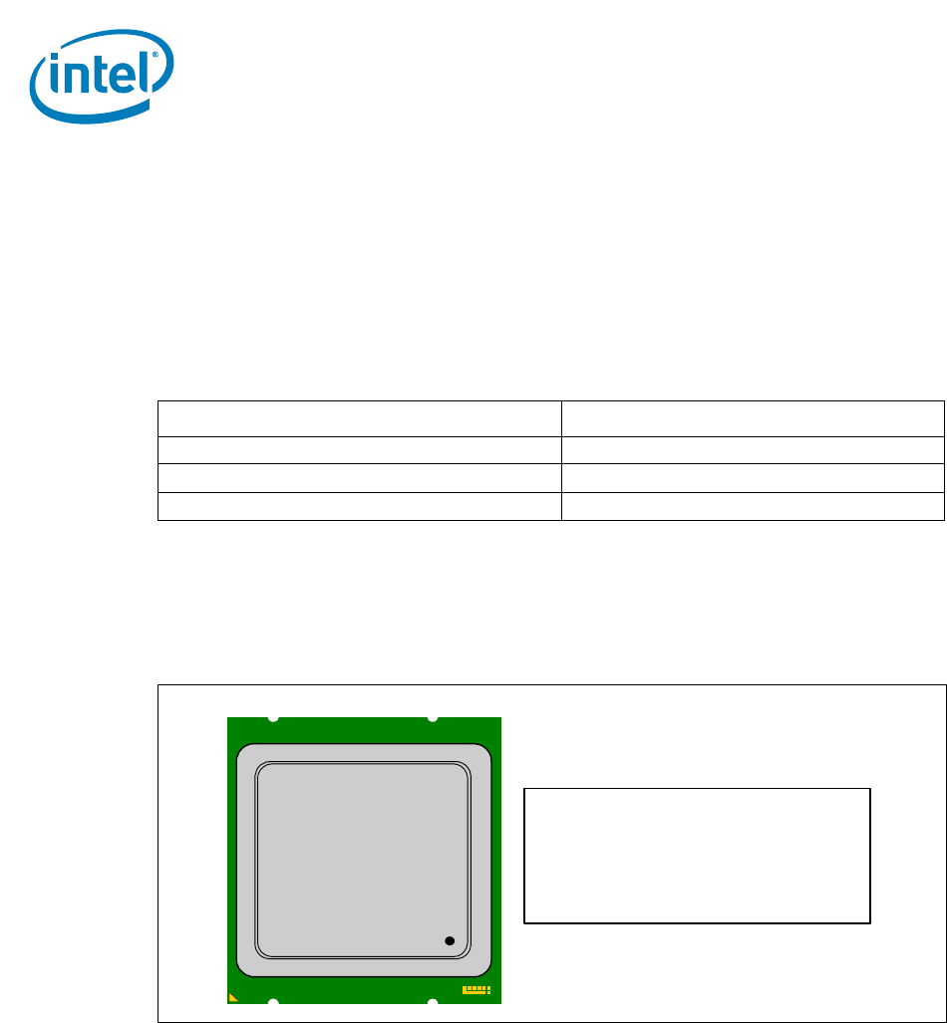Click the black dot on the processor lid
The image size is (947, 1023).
(x=450, y=940)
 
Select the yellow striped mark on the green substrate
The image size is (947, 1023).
(x=476, y=990)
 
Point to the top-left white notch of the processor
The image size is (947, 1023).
(x=274, y=718)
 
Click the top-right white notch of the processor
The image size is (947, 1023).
(x=432, y=718)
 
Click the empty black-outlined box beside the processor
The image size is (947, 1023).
(x=698, y=856)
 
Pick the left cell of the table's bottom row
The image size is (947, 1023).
(x=359, y=506)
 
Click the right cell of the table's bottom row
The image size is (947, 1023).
(x=753, y=506)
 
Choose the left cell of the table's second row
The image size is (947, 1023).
(x=359, y=449)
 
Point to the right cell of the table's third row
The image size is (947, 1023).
(x=753, y=477)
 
